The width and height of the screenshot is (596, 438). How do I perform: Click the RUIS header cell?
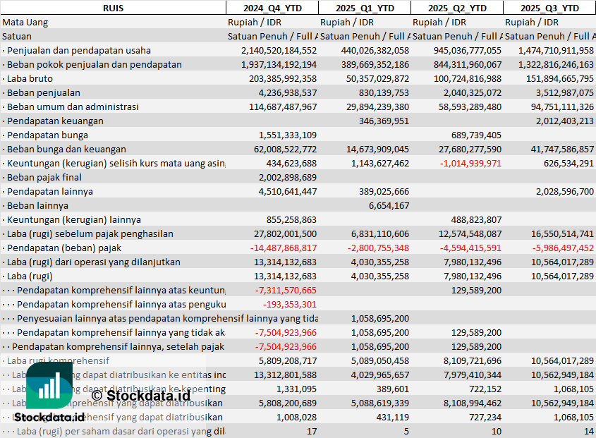(113, 8)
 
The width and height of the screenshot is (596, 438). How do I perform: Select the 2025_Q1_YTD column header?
(364, 8)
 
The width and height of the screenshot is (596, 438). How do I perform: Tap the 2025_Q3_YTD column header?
(549, 8)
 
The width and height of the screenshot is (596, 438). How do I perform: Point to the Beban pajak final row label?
(44, 177)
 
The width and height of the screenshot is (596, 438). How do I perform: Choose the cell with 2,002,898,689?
(283, 177)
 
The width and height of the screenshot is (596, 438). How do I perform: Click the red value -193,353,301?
(289, 304)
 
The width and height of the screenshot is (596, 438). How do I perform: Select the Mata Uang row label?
(25, 22)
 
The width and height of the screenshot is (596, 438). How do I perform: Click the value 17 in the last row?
(311, 431)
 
